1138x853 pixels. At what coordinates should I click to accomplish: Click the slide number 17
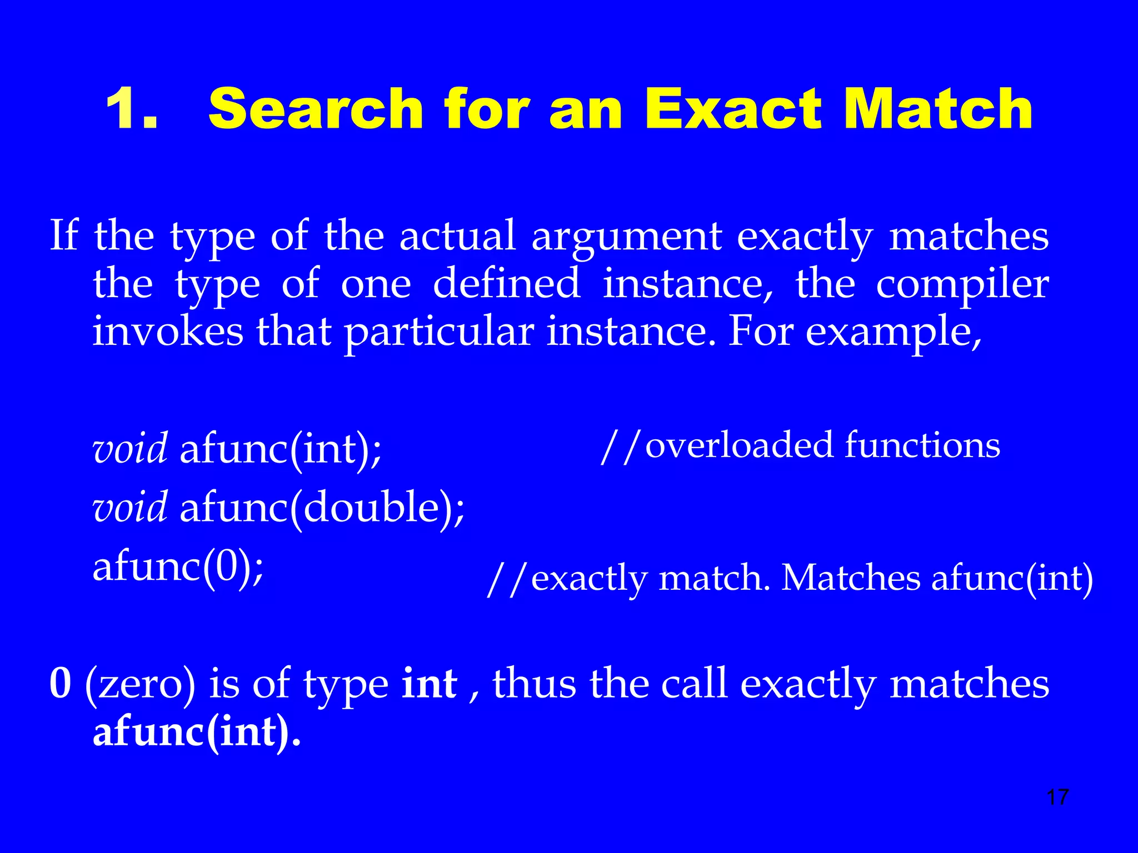tap(1057, 797)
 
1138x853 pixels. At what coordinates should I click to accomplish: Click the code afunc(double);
tap(322, 508)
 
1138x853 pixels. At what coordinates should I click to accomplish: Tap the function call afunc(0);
tap(178, 568)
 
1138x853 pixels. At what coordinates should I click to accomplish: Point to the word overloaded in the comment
tap(739, 446)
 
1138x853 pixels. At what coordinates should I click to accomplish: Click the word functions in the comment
tap(922, 446)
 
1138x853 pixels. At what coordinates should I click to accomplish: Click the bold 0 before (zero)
tap(61, 684)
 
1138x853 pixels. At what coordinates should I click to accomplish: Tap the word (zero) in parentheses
tap(141, 685)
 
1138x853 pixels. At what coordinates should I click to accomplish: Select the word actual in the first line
tap(458, 237)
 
